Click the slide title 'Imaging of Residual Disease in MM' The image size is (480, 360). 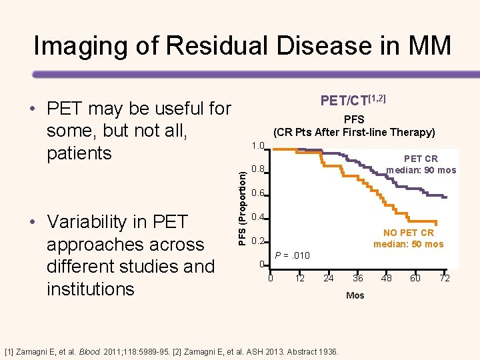point(242,46)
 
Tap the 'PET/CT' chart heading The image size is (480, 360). point(353,100)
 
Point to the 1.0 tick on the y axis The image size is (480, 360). point(259,145)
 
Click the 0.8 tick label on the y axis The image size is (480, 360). point(259,169)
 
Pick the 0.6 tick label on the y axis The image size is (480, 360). point(259,193)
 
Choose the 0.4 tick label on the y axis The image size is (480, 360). point(259,217)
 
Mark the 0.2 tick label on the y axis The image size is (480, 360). point(259,241)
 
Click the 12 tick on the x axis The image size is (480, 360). point(300,278)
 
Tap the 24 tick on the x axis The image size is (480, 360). point(329,278)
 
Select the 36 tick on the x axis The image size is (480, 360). point(358,278)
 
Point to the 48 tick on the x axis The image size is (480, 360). point(387,278)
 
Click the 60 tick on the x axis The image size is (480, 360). point(415,278)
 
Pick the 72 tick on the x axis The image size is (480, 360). point(444,278)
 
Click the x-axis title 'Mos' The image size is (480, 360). point(355,295)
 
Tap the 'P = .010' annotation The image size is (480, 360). point(293,255)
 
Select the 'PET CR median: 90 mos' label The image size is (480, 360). point(421,165)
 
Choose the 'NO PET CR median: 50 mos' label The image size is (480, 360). point(408,238)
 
